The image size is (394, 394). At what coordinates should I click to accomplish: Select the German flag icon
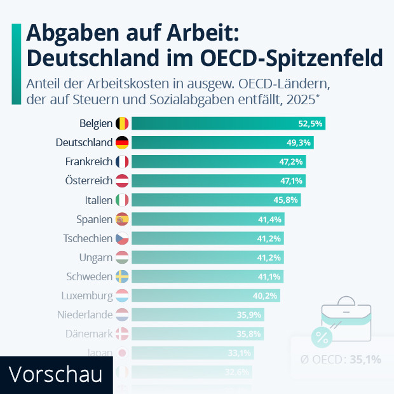[123, 142]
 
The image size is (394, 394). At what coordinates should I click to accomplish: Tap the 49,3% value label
[301, 142]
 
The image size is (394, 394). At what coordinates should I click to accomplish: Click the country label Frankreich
[88, 161]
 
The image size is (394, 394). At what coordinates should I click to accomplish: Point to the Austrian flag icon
[123, 181]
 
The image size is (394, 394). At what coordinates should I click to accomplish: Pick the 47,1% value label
[292, 181]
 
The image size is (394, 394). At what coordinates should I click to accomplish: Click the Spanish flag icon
[123, 219]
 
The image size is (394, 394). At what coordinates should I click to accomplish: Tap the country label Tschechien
[88, 238]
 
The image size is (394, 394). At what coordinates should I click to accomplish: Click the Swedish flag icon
[123, 276]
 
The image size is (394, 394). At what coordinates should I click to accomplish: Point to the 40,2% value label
[266, 295]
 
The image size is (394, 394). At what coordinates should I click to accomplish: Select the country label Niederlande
[85, 315]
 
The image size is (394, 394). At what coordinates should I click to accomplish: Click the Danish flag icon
[123, 334]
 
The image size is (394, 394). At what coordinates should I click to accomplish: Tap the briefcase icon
[347, 315]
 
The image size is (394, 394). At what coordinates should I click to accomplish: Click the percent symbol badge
[322, 337]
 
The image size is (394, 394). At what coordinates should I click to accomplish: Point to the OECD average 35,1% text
[341, 359]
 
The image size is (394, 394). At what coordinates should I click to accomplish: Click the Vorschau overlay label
[56, 374]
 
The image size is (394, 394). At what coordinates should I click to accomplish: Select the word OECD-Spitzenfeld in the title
[292, 58]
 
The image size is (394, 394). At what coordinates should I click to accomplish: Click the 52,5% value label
[311, 123]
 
